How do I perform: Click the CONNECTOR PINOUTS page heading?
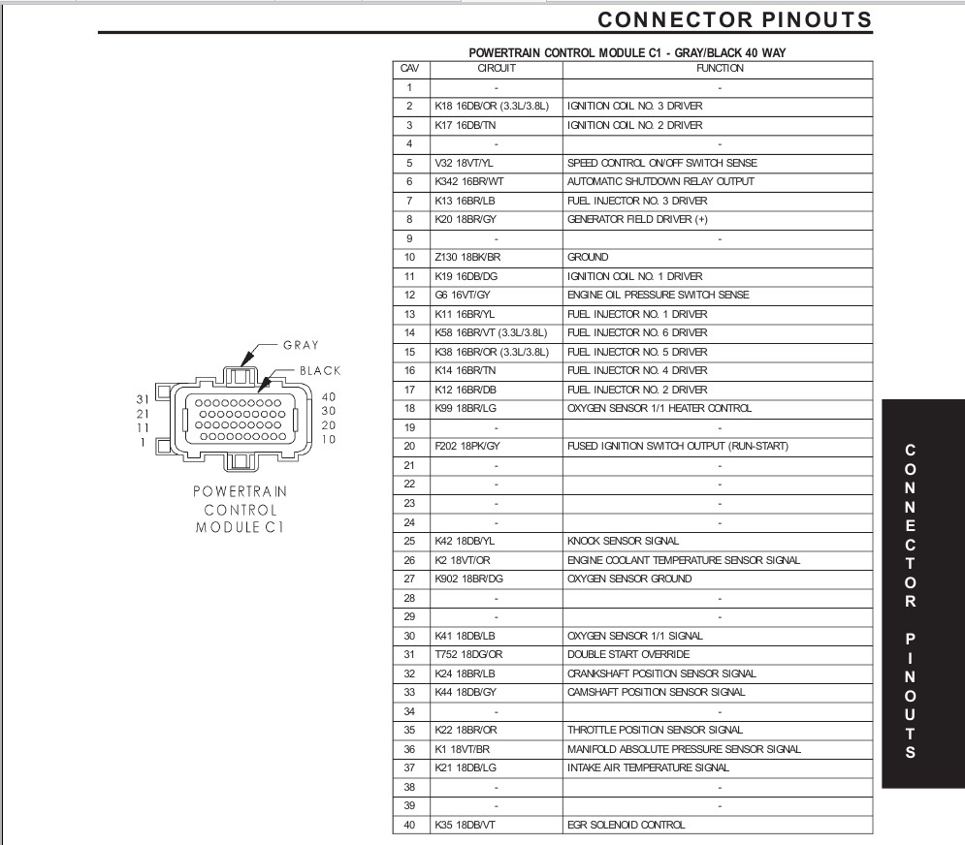click(x=734, y=20)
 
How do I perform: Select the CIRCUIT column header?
click(x=496, y=69)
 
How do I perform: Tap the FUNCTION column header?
click(x=719, y=69)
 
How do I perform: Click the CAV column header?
click(x=409, y=69)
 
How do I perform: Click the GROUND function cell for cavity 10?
click(x=588, y=258)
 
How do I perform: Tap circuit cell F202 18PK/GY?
click(x=467, y=447)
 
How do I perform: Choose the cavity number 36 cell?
click(x=409, y=749)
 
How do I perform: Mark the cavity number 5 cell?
click(x=409, y=163)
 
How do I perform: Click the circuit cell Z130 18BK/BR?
click(x=468, y=258)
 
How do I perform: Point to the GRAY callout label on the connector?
click(x=301, y=345)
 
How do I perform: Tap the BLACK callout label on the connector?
click(x=320, y=370)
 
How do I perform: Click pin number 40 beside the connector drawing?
click(x=327, y=395)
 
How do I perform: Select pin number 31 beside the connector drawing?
click(x=141, y=397)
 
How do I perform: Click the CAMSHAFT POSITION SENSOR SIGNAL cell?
click(x=656, y=692)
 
